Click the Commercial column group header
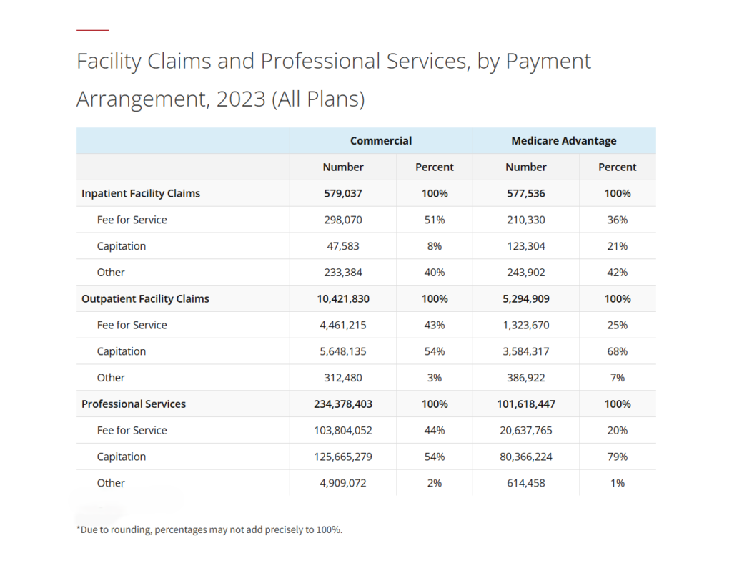tap(380, 141)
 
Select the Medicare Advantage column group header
tap(563, 141)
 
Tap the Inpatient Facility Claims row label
tap(141, 193)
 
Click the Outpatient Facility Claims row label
tap(145, 298)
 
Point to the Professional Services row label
tap(134, 404)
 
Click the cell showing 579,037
tap(343, 193)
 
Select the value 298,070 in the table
tap(343, 220)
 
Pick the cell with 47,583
tap(343, 246)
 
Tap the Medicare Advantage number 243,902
tap(526, 273)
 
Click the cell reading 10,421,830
tap(343, 298)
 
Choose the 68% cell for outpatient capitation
tap(617, 351)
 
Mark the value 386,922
tap(526, 378)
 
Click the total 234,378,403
tap(343, 404)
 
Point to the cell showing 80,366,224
tap(526, 457)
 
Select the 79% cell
tap(617, 457)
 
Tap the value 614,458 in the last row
tap(526, 483)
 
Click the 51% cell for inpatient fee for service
tap(434, 220)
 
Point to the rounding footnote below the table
tap(209, 530)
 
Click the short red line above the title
tap(92, 30)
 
